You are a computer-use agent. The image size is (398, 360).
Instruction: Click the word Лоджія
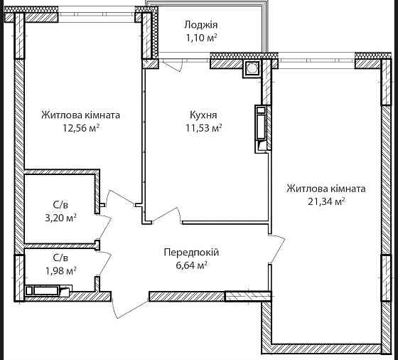tap(196, 23)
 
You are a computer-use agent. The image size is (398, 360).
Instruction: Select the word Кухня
tap(203, 115)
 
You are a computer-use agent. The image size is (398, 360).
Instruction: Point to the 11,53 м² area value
tap(203, 128)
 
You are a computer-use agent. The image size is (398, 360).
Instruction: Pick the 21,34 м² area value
tap(326, 202)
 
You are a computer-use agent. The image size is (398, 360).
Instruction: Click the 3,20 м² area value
tap(61, 218)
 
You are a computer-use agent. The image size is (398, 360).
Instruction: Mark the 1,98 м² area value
tap(61, 270)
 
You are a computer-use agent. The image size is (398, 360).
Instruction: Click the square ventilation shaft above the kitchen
tap(252, 69)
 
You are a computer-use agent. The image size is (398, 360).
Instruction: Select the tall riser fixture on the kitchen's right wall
tap(262, 128)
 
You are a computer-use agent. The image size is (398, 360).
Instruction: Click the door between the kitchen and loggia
tap(171, 65)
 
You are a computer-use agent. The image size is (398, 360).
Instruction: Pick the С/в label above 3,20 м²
tap(61, 205)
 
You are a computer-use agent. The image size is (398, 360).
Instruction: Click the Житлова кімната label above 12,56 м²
tap(80, 115)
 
